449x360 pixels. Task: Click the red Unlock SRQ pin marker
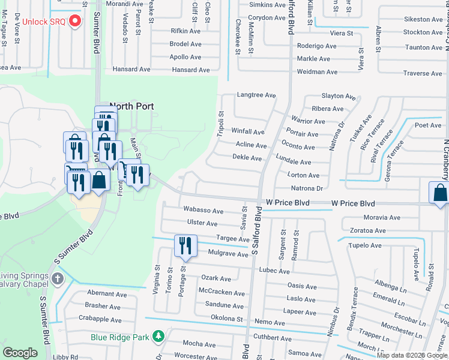click(75, 22)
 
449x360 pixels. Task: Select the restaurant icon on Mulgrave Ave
click(185, 246)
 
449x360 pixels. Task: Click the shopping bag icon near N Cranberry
click(439, 193)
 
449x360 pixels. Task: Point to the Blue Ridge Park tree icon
click(158, 337)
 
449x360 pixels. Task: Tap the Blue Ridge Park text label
click(119, 337)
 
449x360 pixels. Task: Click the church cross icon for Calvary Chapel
click(58, 278)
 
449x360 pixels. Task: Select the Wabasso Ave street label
click(203, 211)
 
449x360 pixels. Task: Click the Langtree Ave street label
click(256, 95)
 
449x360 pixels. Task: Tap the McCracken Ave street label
click(221, 293)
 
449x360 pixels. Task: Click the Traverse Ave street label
click(422, 74)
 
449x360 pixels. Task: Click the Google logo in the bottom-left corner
click(20, 353)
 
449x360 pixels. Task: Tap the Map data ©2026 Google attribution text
click(412, 355)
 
